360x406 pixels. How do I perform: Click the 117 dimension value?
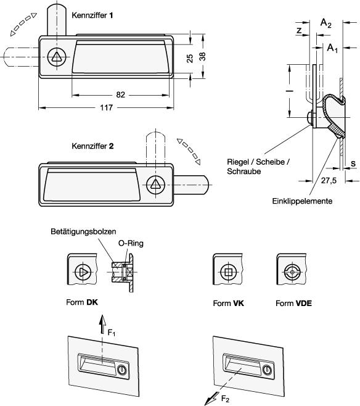pos(106,107)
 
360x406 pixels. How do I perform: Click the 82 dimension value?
pos(121,95)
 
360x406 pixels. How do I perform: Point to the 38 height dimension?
pos(202,56)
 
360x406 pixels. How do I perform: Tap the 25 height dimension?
pos(190,58)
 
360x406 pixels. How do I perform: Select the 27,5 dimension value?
pos(329,180)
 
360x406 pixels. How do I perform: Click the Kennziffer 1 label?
pos(92,15)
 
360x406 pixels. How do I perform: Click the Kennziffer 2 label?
pos(92,146)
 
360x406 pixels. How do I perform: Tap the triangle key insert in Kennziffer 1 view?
pos(57,57)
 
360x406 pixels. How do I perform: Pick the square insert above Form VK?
pos(228,272)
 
